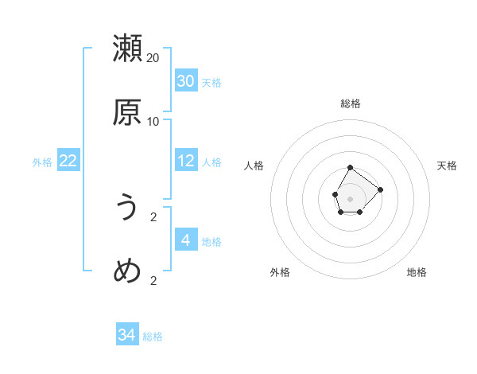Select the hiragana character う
pyautogui.click(x=127, y=208)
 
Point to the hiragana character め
pyautogui.click(x=127, y=271)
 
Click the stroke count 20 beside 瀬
pyautogui.click(x=153, y=58)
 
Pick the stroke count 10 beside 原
pyautogui.click(x=153, y=122)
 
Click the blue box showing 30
pyautogui.click(x=185, y=81)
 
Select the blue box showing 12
pyautogui.click(x=185, y=161)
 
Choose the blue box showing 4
pyautogui.click(x=185, y=240)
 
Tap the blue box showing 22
pyautogui.click(x=68, y=161)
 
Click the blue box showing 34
pyautogui.click(x=126, y=335)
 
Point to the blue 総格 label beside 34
pyautogui.click(x=153, y=337)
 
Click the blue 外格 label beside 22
pyautogui.click(x=42, y=162)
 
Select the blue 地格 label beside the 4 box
pyautogui.click(x=211, y=241)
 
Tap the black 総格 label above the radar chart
pyautogui.click(x=351, y=103)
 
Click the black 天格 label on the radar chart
pyautogui.click(x=447, y=166)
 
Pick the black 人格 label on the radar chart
pyautogui.click(x=254, y=166)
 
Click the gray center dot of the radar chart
pyautogui.click(x=350, y=197)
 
